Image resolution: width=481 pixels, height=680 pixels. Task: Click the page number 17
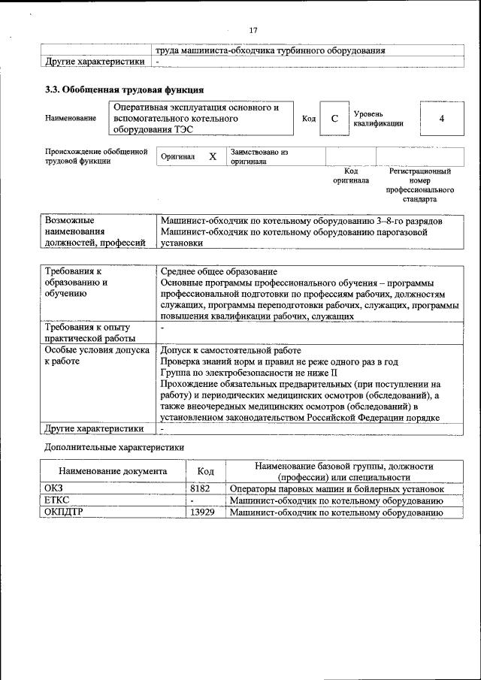pyautogui.click(x=253, y=30)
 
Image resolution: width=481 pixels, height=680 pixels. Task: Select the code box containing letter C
pyautogui.click(x=334, y=119)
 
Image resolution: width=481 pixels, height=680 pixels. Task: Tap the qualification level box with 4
pyautogui.click(x=441, y=119)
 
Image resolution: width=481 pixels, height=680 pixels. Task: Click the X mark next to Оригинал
pyautogui.click(x=213, y=156)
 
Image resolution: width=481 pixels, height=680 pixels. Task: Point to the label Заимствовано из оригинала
pyautogui.click(x=259, y=156)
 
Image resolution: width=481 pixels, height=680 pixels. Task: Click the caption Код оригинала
pyautogui.click(x=351, y=176)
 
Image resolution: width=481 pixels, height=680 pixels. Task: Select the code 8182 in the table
pyautogui.click(x=199, y=488)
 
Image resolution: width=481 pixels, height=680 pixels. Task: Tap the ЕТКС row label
pyautogui.click(x=57, y=500)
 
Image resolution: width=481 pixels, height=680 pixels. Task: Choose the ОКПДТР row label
pyautogui.click(x=63, y=512)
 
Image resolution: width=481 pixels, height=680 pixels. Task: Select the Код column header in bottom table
pyautogui.click(x=205, y=472)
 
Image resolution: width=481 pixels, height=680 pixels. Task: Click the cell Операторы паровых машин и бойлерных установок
pyautogui.click(x=336, y=488)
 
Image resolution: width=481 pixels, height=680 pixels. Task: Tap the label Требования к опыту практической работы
pyautogui.click(x=87, y=333)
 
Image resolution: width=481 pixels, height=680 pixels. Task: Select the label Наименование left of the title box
pyautogui.click(x=71, y=119)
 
